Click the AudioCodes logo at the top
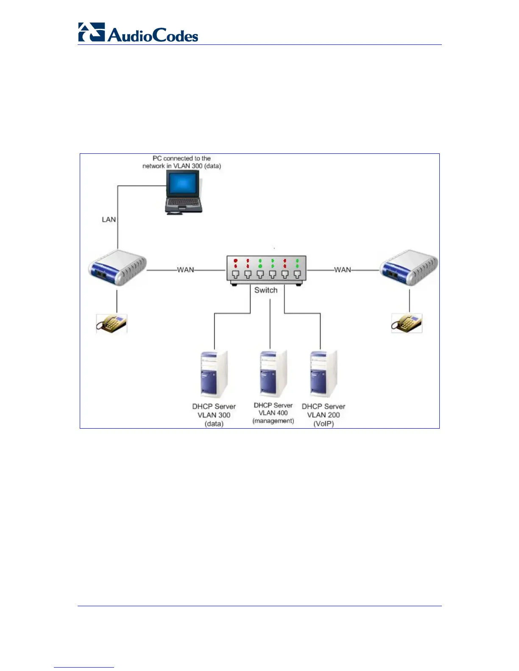(138, 33)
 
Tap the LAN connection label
(109, 219)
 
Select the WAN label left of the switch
(185, 270)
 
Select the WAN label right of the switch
(343, 270)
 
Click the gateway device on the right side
(409, 268)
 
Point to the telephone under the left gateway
(112, 324)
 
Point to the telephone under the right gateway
(407, 324)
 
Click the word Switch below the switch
(266, 290)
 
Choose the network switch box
(266, 270)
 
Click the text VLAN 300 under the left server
(214, 415)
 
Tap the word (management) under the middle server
(273, 421)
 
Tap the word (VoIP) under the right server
(324, 424)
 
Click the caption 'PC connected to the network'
(181, 162)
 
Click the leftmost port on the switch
(236, 274)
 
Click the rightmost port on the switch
(297, 274)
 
